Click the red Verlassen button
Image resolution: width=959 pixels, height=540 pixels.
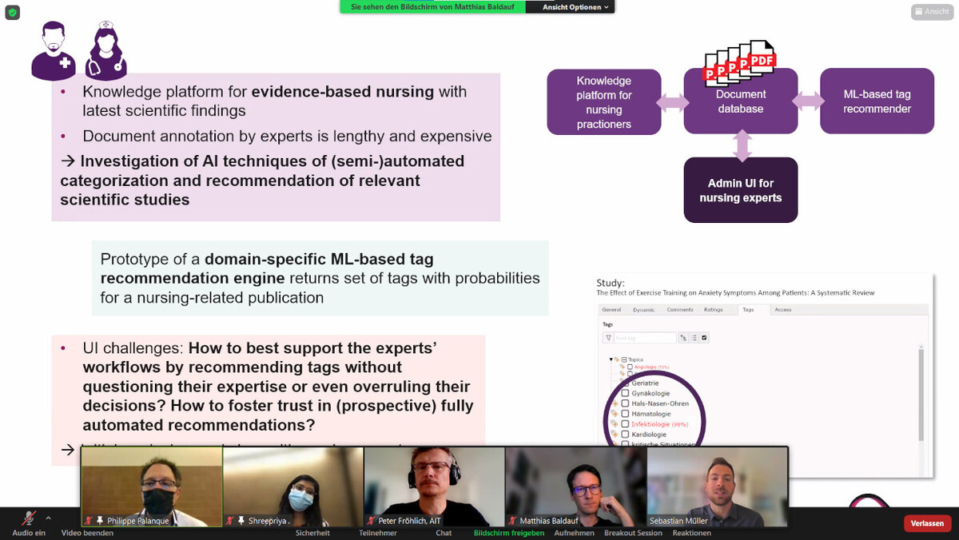tap(927, 523)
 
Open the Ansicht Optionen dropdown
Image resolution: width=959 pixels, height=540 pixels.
tap(575, 7)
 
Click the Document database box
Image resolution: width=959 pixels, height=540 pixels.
tap(741, 101)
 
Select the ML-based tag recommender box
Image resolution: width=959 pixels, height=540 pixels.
tap(877, 101)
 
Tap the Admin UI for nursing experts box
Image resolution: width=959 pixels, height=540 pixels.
tap(741, 190)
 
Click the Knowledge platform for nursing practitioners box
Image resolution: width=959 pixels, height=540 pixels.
tap(604, 102)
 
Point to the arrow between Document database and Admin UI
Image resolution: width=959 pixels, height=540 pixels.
tap(742, 145)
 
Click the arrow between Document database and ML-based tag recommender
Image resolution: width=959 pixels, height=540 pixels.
tap(809, 101)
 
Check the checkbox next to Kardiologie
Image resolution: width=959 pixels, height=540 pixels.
tap(625, 435)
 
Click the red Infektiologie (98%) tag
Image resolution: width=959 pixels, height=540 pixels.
tap(659, 424)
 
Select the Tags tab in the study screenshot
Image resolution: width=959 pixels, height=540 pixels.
tap(747, 309)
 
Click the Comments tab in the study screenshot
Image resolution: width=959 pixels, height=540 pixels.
tap(680, 309)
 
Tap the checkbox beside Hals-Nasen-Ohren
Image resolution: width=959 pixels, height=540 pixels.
tap(625, 403)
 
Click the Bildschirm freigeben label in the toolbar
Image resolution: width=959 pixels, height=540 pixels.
tap(509, 533)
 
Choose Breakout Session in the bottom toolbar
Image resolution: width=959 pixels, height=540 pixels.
tap(633, 533)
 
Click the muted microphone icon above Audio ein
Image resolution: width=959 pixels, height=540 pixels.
tap(29, 518)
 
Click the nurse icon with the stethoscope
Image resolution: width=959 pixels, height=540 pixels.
tap(107, 52)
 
